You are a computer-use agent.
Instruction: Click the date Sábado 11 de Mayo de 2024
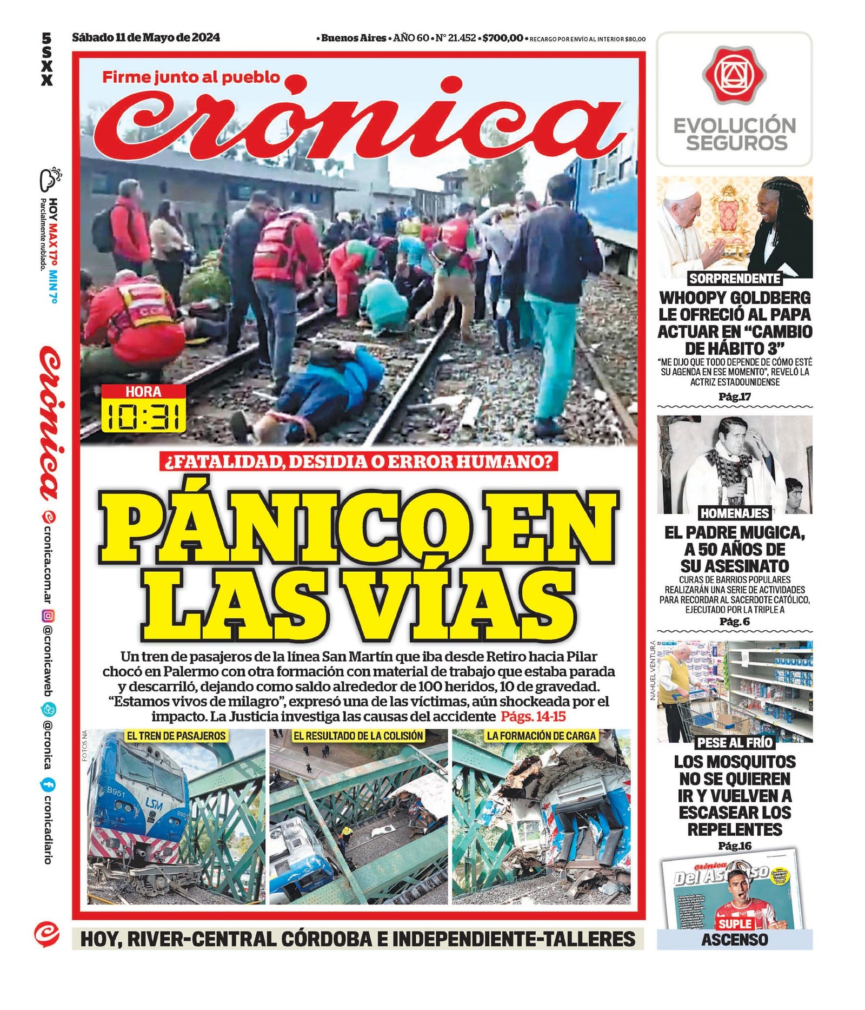(146, 37)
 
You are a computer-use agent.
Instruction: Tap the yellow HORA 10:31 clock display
(144, 408)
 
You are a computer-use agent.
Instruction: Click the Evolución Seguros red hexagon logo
(734, 75)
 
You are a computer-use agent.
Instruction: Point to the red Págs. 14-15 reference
(533, 717)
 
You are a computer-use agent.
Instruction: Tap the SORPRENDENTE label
(735, 279)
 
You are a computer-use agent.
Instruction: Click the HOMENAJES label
(735, 513)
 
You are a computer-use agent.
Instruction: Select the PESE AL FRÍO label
(735, 742)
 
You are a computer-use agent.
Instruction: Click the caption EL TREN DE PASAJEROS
(176, 736)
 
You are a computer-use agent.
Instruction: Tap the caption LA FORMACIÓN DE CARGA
(541, 736)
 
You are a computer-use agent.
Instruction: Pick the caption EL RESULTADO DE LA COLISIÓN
(358, 736)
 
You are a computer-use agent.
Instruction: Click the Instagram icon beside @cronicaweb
(48, 615)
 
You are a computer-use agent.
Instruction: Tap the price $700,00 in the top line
(503, 38)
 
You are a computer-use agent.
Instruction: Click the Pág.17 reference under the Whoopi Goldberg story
(735, 397)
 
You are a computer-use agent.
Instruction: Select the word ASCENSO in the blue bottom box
(735, 940)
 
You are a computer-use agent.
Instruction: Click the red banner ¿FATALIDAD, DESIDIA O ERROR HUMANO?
(358, 461)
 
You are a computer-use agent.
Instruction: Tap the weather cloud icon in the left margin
(49, 179)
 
